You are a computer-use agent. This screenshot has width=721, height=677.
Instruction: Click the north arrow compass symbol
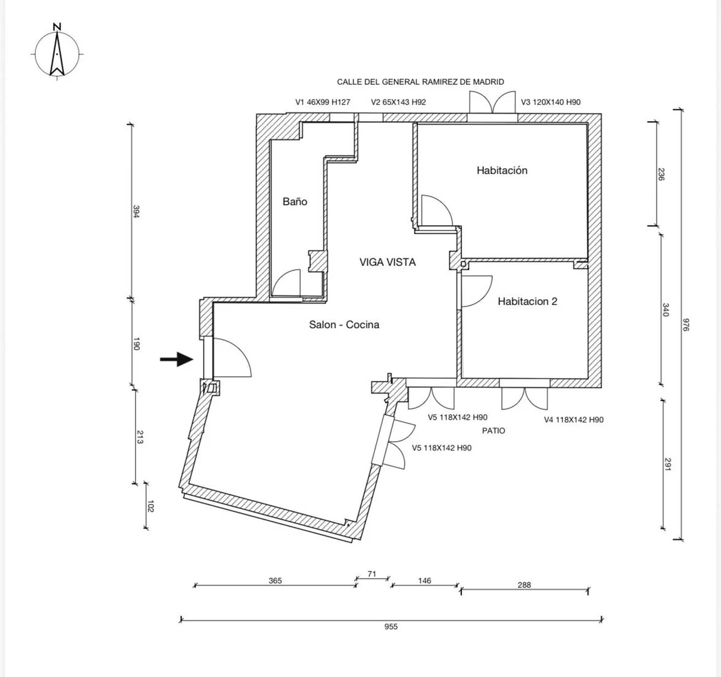pos(57,52)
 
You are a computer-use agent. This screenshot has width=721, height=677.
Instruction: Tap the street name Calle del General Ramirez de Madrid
pos(420,82)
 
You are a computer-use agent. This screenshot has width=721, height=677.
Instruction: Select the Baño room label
pos(295,201)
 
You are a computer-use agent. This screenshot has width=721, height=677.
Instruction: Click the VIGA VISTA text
pos(387,262)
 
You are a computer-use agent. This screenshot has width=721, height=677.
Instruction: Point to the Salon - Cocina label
pos(344,325)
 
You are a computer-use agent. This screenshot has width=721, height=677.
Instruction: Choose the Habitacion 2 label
pos(527,301)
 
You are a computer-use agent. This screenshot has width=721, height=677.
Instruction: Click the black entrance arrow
pos(177,359)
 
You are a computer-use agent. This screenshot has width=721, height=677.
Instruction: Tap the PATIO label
pos(493,431)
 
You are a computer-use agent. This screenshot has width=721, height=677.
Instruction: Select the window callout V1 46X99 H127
pos(322,102)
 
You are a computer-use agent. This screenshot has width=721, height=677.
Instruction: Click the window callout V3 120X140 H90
pos(550,102)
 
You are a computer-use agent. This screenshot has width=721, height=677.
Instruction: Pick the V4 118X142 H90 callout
pos(574,420)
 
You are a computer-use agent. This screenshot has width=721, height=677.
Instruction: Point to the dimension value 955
pos(391,626)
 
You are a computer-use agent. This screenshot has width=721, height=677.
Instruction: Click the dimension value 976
pos(686,325)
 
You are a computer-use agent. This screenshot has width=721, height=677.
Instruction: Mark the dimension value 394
pos(136,211)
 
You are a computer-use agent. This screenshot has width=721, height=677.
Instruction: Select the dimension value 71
pos(372,574)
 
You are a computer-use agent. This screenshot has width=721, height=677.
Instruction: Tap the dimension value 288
pos(524,585)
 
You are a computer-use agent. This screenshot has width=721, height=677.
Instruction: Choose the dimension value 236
pos(661,174)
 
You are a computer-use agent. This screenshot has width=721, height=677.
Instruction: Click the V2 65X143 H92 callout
pos(398,102)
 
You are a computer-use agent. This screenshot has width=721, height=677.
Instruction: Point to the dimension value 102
pos(151,506)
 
